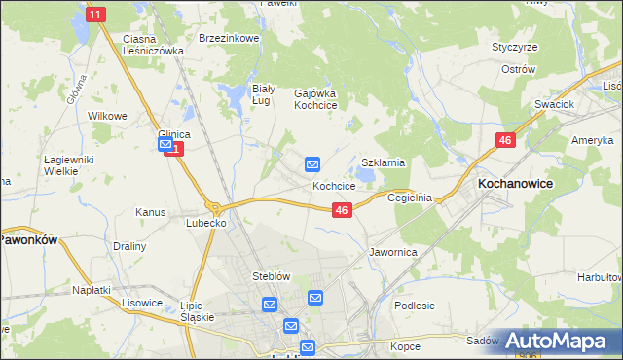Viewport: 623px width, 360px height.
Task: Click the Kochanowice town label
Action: click(x=516, y=182)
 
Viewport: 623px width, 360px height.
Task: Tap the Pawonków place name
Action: click(x=29, y=238)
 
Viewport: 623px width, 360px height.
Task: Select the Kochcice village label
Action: click(x=333, y=185)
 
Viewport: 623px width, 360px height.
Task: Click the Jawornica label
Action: click(x=393, y=252)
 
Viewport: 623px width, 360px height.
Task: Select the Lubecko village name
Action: click(x=206, y=223)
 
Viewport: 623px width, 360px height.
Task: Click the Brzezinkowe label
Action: click(x=228, y=38)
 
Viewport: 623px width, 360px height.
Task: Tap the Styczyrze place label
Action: click(x=515, y=47)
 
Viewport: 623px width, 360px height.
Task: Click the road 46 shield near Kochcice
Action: click(x=342, y=210)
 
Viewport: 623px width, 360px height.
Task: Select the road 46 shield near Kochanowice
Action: click(x=504, y=141)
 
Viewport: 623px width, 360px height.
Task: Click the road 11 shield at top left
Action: click(x=94, y=15)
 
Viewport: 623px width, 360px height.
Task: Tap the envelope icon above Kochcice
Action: click(x=312, y=164)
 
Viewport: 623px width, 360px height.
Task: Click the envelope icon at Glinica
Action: click(x=165, y=145)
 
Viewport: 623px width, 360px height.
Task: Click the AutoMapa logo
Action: click(x=556, y=341)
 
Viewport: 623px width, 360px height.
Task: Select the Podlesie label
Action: click(x=414, y=306)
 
